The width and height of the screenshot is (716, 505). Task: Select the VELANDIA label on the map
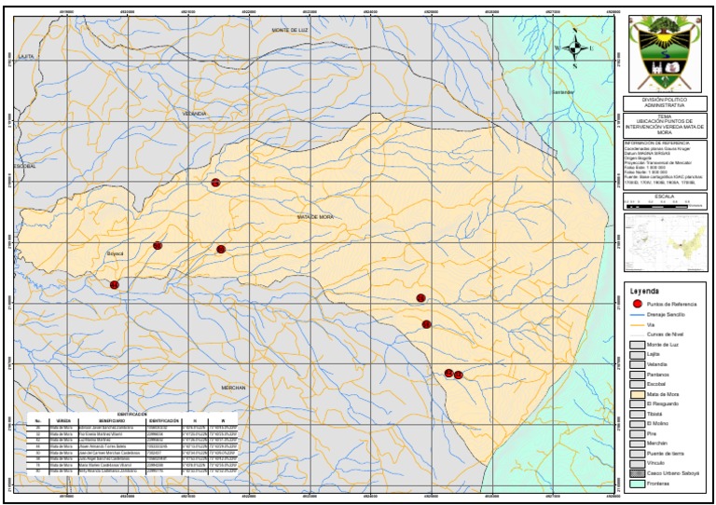(194, 113)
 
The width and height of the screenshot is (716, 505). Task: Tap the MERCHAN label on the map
(234, 387)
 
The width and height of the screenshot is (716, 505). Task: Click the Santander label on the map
(563, 92)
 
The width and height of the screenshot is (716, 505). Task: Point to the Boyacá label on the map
(115, 252)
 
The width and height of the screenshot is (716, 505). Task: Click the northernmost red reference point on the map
(215, 184)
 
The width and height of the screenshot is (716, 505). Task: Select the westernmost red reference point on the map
(115, 284)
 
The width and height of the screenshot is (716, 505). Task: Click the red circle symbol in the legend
(637, 305)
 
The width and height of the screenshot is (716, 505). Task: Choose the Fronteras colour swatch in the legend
(637, 484)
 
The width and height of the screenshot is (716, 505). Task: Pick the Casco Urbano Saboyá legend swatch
(637, 473)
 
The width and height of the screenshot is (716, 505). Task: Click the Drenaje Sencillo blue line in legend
(637, 315)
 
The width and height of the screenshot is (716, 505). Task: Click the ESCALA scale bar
(665, 205)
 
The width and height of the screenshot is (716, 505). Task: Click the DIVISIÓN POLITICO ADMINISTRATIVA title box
(665, 103)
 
